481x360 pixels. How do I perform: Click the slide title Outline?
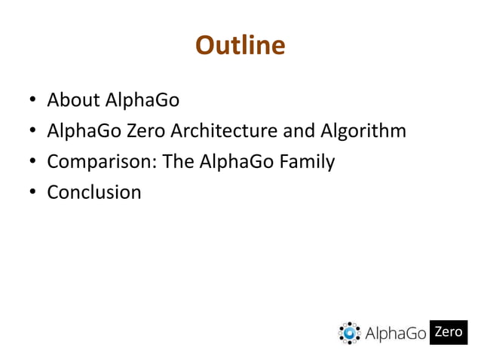pyautogui.click(x=240, y=46)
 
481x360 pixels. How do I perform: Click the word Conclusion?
pyautogui.click(x=94, y=192)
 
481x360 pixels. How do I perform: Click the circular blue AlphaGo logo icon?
pyautogui.click(x=350, y=332)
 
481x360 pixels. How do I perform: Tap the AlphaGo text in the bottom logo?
pyautogui.click(x=396, y=333)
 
